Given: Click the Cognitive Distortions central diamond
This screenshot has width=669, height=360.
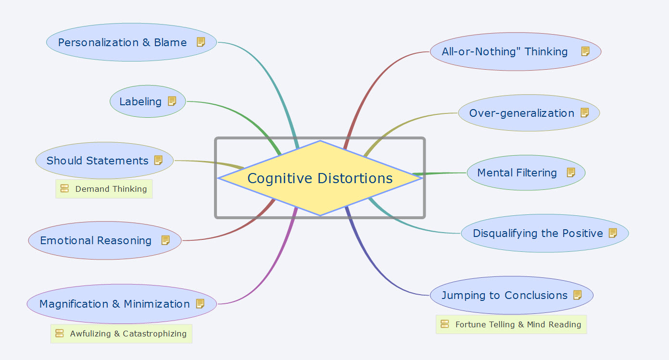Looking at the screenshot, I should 320,178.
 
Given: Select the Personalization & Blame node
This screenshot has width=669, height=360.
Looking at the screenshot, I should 122,42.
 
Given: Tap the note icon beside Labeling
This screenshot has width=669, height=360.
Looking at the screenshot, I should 172,101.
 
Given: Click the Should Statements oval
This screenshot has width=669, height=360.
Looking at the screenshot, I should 97,161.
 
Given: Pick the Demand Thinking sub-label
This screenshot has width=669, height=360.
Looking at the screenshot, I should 111,189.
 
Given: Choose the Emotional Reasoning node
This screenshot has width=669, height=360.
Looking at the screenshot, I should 96,240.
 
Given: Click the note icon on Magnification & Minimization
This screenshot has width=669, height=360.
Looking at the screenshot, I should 201,304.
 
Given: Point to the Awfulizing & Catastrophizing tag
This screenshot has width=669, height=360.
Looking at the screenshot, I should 128,334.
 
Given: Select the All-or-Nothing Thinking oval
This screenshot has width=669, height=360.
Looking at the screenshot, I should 505,51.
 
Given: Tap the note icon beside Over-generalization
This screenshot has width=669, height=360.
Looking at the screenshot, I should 585,113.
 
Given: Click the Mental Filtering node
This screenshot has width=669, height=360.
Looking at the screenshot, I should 517,173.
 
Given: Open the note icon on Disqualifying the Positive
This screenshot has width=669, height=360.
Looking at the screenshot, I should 613,233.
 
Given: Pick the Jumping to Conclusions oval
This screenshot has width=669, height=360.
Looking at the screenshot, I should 505,295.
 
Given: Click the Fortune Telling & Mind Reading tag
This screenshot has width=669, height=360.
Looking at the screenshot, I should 518,324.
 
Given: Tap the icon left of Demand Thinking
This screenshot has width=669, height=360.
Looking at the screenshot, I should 65,189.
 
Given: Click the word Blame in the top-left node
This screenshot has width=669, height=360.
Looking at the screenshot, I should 170,42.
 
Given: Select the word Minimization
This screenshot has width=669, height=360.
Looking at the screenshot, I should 157,304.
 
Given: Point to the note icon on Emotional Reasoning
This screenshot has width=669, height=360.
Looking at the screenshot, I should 165,240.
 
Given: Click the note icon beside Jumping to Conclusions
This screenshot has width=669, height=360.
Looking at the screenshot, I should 578,295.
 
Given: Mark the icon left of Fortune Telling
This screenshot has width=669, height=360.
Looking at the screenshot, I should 445,324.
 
